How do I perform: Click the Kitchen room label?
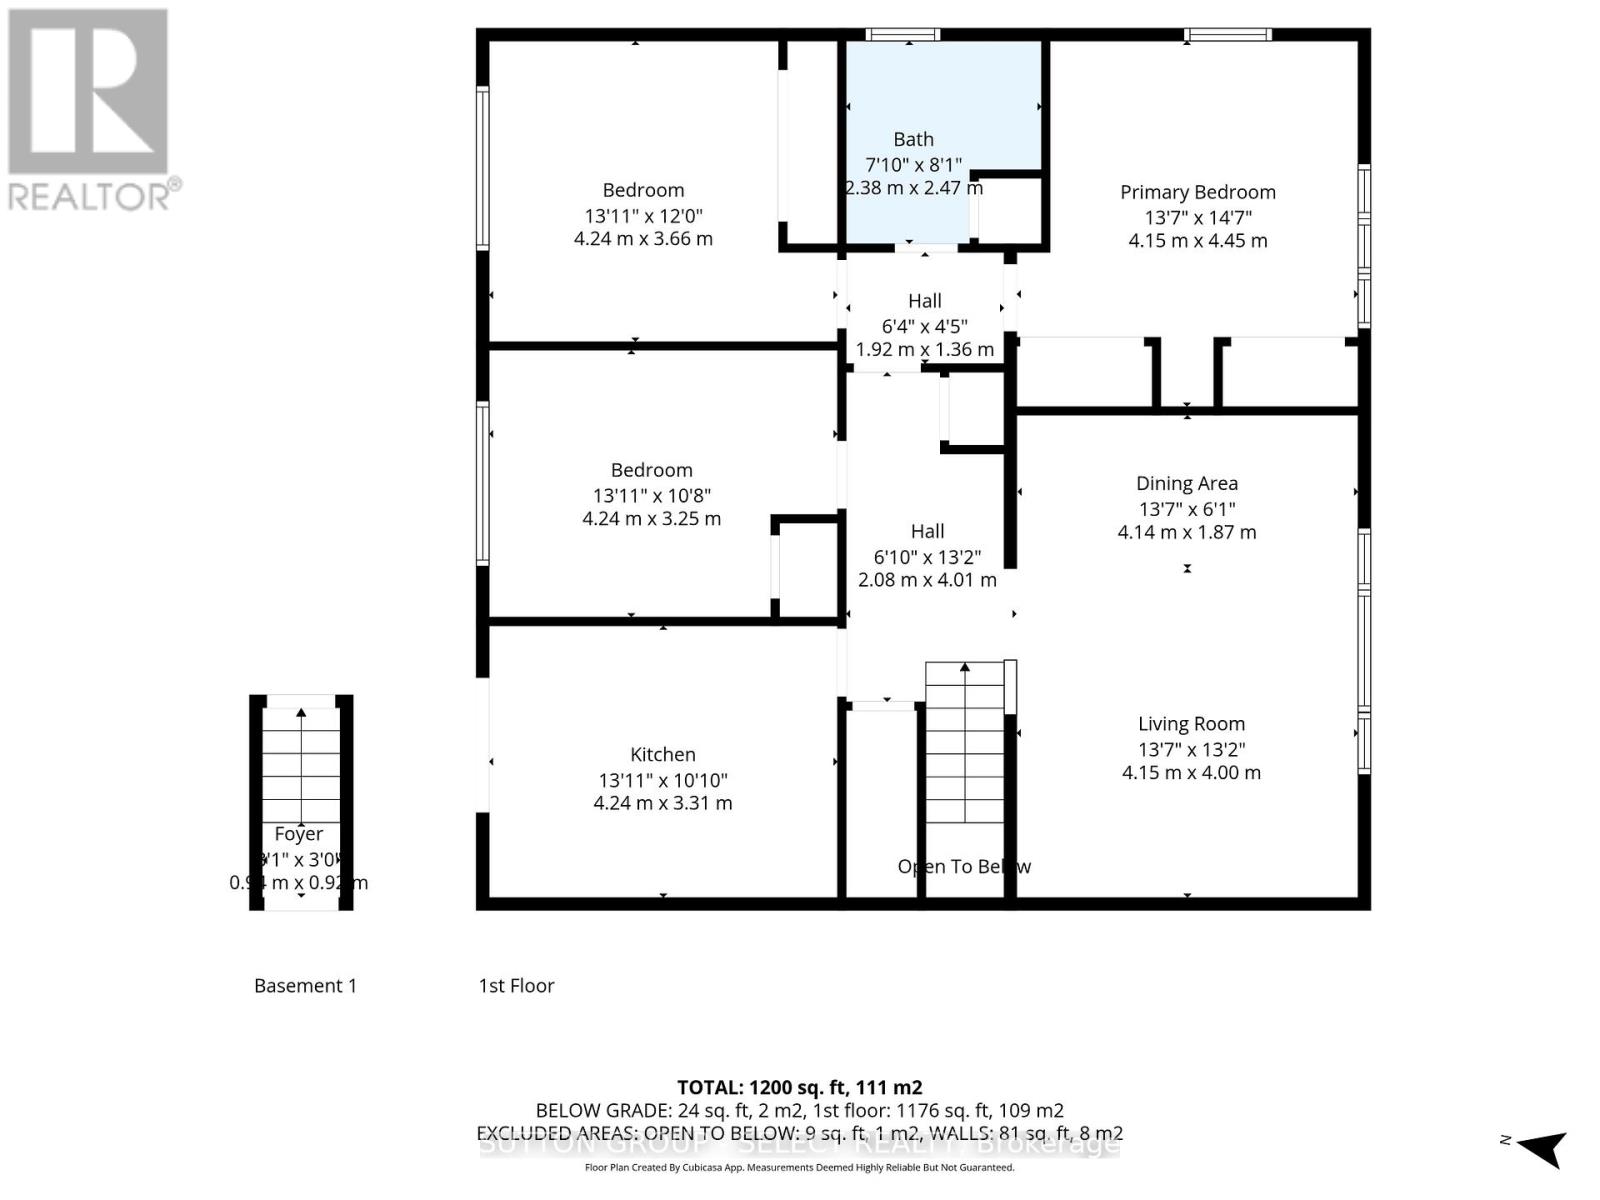point(662,755)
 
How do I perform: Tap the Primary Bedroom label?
point(1197,192)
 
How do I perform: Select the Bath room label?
point(913,139)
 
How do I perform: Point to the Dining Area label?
point(1186,483)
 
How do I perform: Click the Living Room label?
point(1191,724)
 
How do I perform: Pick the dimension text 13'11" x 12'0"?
point(643,215)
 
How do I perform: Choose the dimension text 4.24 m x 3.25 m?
point(651,519)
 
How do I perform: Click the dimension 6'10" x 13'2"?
point(927,556)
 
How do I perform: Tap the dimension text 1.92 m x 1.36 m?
point(924,350)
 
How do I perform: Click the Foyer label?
point(298,834)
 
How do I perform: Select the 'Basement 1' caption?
point(305,986)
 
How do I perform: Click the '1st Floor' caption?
point(516,986)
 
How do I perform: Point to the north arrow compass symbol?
point(1542,1147)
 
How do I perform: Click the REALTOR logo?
point(92,110)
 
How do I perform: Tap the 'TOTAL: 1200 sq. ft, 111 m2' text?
point(799,1087)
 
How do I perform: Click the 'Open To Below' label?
point(964,867)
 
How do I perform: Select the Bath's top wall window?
point(902,35)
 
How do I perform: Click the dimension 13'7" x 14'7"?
point(1197,217)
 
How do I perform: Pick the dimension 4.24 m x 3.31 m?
point(662,803)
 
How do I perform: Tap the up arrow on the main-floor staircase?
point(964,667)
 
